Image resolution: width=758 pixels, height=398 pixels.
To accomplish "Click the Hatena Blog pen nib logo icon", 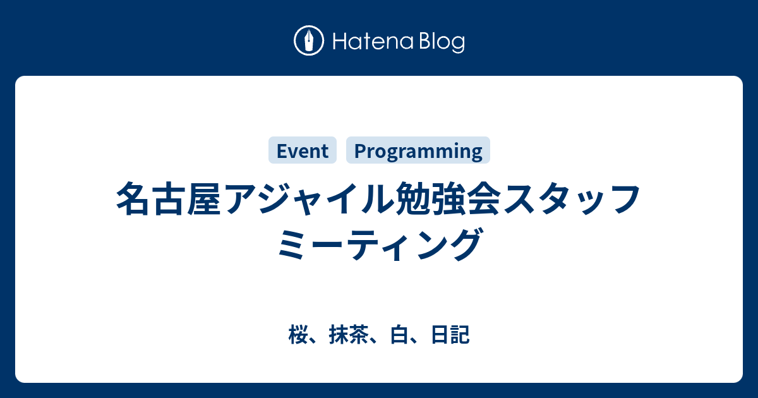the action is point(309,40).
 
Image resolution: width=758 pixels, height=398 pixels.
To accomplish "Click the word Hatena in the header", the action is point(373,41).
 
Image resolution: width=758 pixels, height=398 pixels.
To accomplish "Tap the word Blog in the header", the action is point(442,42).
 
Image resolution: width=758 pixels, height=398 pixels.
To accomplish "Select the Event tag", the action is point(303,150).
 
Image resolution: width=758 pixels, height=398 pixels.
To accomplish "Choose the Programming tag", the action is point(418,150).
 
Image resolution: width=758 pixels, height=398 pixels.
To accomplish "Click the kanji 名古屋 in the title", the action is point(169,198).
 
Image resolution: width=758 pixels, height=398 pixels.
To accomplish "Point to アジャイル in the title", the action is point(309,198).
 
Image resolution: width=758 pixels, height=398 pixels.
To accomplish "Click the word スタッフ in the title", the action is point(572,199).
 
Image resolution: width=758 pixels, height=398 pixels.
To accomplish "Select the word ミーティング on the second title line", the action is point(380,244).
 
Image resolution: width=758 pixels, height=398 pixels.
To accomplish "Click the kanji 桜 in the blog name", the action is point(298,334).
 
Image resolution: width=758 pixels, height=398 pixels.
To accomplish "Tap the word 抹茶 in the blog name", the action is point(349,334).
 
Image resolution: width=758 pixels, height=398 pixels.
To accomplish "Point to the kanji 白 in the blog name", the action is point(399,334).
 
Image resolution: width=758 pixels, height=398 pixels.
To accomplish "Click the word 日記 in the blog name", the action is point(450,334).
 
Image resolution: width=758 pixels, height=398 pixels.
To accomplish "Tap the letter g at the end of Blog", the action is point(458,44).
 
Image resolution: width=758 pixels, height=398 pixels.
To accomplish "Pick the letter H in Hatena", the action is point(339,41).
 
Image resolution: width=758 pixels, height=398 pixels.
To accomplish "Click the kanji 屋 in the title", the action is point(204,199).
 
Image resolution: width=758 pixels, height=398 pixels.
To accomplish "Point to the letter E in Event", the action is point(282,151).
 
